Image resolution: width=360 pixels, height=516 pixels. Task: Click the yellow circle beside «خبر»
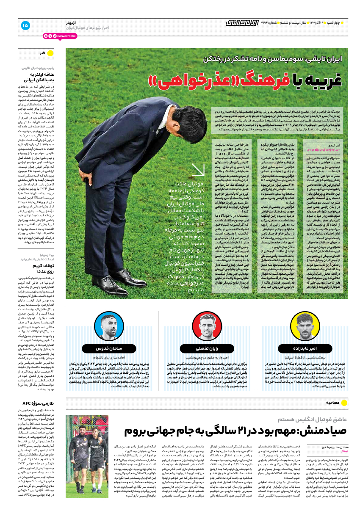click(50, 53)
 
